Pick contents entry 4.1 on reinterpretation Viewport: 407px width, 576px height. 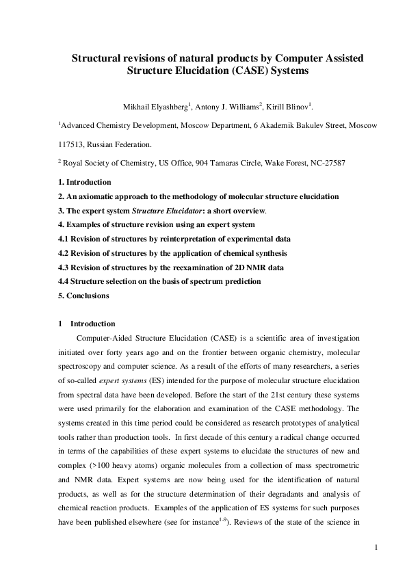coord(174,239)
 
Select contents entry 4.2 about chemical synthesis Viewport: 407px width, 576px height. coord(172,253)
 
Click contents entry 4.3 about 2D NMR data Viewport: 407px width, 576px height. coord(171,267)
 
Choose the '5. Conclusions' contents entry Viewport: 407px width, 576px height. coord(85,296)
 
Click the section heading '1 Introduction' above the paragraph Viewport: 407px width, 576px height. coord(87,324)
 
